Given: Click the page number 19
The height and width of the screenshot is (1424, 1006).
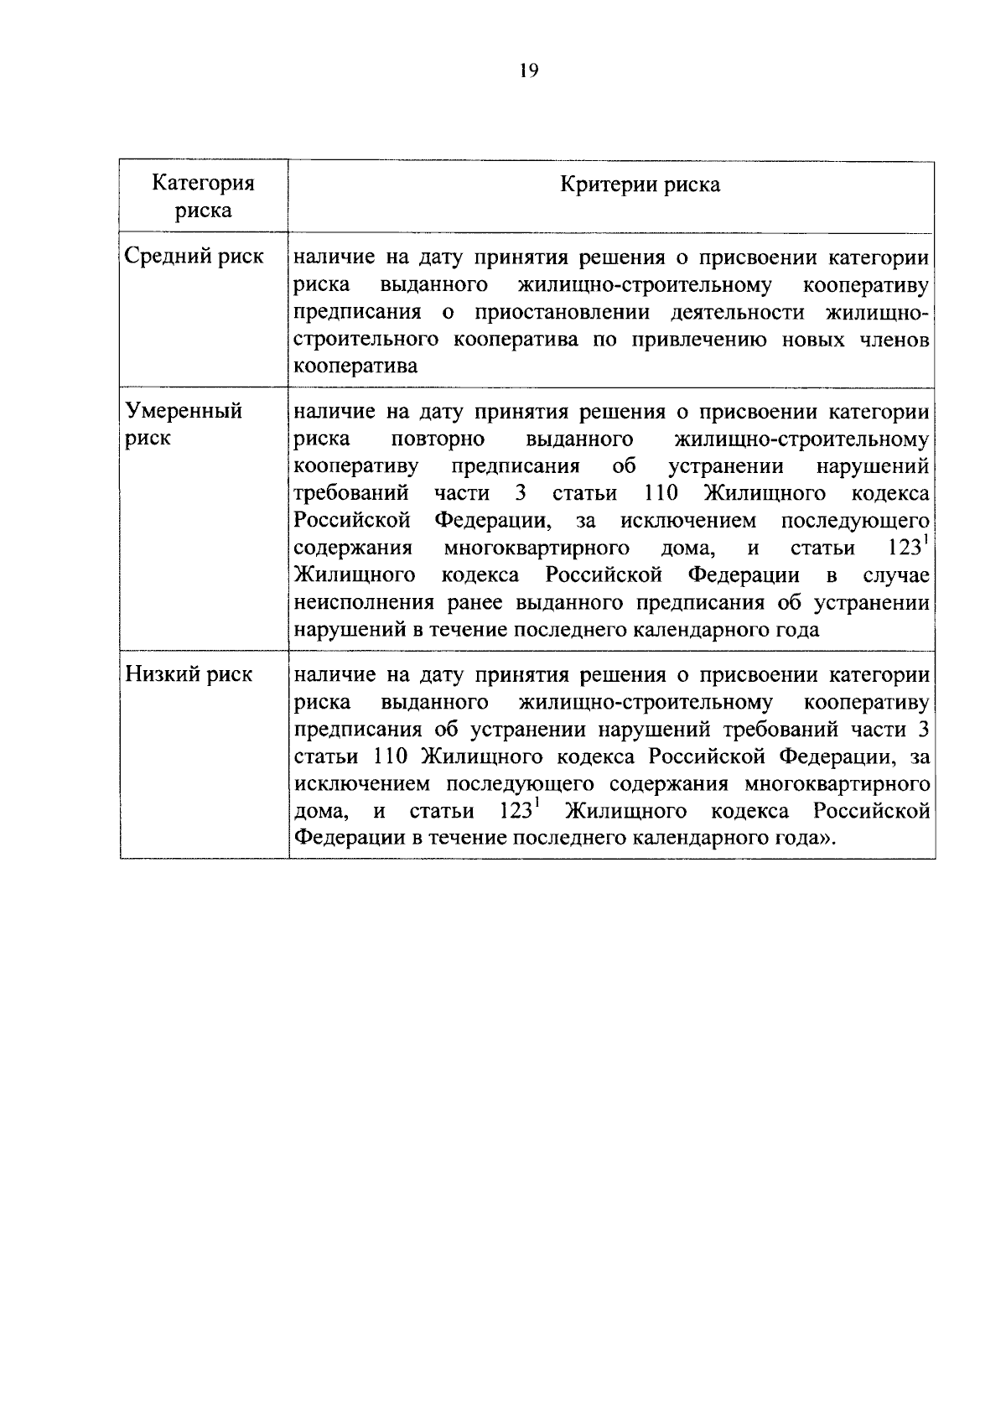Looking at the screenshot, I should [x=528, y=70].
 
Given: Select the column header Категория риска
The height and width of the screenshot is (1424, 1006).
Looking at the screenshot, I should [x=204, y=196].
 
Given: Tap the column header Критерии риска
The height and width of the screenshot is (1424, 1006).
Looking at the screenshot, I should [x=640, y=184].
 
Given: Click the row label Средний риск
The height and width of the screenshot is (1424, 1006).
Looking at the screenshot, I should [x=194, y=257].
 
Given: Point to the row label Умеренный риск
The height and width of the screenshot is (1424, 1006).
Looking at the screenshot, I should [x=184, y=424].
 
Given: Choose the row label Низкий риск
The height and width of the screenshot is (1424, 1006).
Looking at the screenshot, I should [x=189, y=674].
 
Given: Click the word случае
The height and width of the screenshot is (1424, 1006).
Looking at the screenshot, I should [x=896, y=576].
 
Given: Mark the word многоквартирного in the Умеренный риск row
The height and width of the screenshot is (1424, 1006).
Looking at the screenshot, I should [x=537, y=548].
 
